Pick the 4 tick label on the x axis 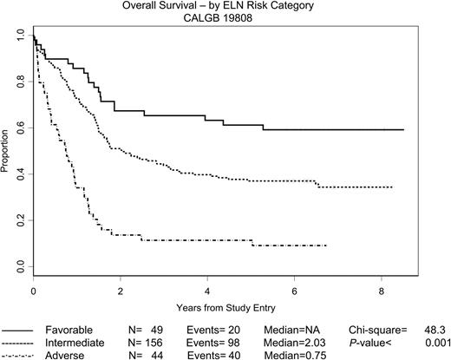pos(207,291)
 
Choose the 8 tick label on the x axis pos(382,291)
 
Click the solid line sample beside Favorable pos(24,330)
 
